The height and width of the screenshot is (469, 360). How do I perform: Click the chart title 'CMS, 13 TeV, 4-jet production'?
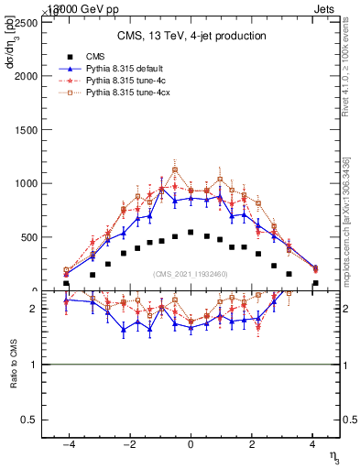tap(191, 36)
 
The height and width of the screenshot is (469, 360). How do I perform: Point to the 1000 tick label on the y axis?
tap(31, 183)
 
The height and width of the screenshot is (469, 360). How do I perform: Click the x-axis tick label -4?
tap(67, 443)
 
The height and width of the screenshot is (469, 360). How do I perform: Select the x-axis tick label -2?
tap(128, 443)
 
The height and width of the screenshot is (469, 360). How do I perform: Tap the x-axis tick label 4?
tap(313, 443)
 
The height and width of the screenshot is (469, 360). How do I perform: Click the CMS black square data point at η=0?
tap(191, 233)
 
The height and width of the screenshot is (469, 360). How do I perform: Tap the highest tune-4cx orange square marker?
tap(175, 169)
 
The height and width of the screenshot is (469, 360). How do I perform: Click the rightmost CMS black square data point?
tap(315, 283)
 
